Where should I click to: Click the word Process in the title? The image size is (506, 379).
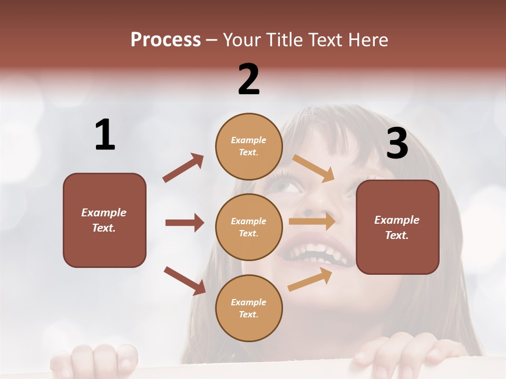coord(166,39)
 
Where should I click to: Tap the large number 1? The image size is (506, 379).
coord(105,135)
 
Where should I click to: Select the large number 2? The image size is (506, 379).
coord(249,79)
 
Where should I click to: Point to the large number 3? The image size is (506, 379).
coord(397,143)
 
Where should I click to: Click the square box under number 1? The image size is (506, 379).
coord(104,220)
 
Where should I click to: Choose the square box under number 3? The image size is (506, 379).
coord(397,227)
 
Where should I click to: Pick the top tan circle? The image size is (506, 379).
coord(249,146)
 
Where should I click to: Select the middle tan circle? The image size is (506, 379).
coord(249,227)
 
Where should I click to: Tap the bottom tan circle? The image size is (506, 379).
coord(249,308)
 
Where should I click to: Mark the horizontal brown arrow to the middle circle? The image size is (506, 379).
coord(184,223)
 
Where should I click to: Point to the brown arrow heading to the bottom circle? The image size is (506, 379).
coord(184,281)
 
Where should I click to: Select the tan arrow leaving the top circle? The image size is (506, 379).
coord(314,168)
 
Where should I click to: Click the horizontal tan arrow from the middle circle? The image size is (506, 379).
coord(312,222)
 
